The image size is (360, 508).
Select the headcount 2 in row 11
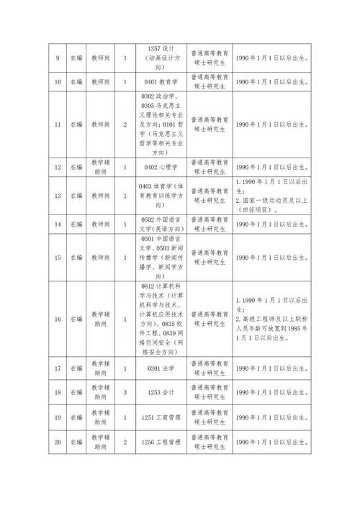(x=125, y=124)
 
